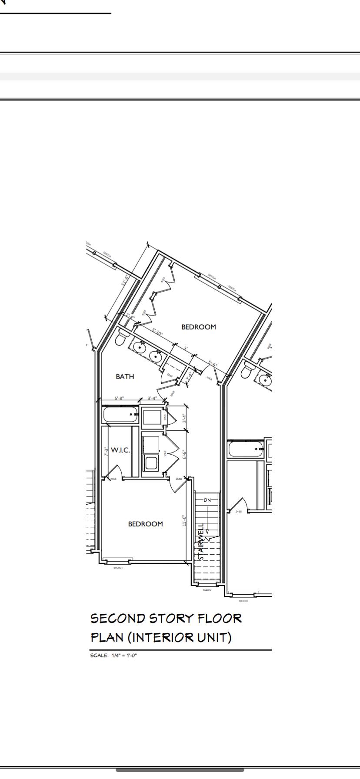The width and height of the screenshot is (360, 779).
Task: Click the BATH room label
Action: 125,376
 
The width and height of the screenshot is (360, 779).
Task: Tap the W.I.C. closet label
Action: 120,450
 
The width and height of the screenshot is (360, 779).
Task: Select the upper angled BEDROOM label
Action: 198,327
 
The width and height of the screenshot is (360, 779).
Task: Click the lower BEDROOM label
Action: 145,524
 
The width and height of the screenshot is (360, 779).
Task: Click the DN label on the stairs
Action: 207,500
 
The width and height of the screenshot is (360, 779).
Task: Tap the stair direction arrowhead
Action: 207,531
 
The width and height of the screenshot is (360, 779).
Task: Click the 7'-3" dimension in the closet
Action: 106,452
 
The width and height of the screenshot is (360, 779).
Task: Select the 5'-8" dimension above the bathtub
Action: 119,398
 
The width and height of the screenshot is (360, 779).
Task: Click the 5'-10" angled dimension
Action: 157,333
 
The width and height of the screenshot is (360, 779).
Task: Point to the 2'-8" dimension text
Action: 131,316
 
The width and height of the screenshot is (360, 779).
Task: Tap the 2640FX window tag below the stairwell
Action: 207,590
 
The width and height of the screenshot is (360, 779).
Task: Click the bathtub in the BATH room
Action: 121,414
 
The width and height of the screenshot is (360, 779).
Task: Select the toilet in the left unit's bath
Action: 120,338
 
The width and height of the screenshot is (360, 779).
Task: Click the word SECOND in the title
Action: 117,618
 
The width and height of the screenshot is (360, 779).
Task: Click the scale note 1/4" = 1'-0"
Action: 124,656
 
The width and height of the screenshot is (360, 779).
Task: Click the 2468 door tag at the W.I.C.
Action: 113,479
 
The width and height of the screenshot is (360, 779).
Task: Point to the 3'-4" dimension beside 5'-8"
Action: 152,398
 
